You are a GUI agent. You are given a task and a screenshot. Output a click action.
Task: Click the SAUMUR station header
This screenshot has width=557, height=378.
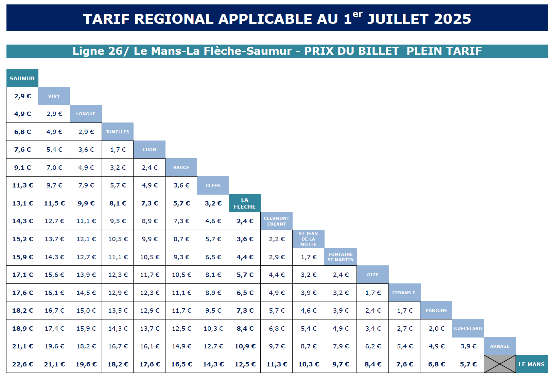pyautogui.click(x=22, y=78)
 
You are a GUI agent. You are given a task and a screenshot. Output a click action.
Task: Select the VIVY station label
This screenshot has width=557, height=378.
pyautogui.click(x=54, y=96)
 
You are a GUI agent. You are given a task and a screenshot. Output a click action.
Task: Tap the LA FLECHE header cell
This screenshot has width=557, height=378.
pyautogui.click(x=245, y=203)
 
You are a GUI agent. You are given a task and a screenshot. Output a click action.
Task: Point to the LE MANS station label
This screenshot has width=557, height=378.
pyautogui.click(x=532, y=364)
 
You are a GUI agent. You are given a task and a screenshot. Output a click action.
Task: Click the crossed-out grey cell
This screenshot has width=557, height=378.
pyautogui.click(x=500, y=364)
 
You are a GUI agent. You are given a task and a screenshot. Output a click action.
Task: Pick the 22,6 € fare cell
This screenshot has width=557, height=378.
pyautogui.click(x=22, y=364)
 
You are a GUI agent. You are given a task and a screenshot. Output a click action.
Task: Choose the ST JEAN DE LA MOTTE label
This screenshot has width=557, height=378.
pyautogui.click(x=308, y=239)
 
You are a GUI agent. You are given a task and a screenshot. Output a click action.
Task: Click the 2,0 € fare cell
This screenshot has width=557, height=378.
pyautogui.click(x=436, y=329)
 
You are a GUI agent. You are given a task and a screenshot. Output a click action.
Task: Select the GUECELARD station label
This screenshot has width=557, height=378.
pyautogui.click(x=468, y=329)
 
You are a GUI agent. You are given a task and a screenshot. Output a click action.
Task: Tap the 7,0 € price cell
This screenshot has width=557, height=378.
pyautogui.click(x=54, y=168)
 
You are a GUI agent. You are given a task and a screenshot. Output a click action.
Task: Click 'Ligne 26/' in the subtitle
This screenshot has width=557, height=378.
pyautogui.click(x=101, y=51)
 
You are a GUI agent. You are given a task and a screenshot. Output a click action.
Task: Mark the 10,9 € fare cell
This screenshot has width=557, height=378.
pyautogui.click(x=245, y=346)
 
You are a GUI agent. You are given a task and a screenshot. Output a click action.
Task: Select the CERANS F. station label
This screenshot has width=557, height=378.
pyautogui.click(x=404, y=293)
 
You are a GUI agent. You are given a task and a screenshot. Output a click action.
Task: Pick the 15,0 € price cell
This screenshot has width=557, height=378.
pyautogui.click(x=86, y=311)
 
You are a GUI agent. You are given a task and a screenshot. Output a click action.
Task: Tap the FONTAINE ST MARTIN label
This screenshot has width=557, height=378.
pyautogui.click(x=341, y=257)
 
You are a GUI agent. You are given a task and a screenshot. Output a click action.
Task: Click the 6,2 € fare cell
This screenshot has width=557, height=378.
pyautogui.click(x=373, y=346)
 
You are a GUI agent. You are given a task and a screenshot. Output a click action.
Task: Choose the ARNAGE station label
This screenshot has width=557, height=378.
pyautogui.click(x=500, y=346)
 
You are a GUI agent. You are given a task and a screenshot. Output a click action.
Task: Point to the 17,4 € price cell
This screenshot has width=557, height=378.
pyautogui.click(x=54, y=329)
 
